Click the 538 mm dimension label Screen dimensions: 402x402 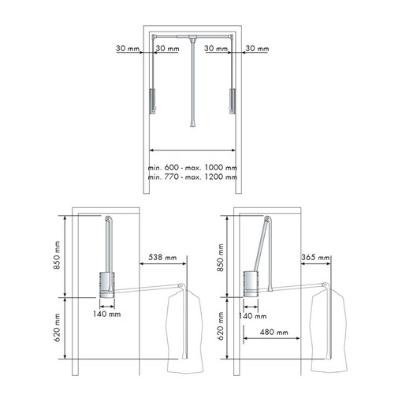162,257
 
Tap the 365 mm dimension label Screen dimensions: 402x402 315,257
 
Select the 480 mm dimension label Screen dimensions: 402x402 274,333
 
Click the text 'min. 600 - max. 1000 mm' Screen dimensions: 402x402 192,167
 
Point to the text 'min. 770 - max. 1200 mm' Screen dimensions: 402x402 192,177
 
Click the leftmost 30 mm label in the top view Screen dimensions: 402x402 128,48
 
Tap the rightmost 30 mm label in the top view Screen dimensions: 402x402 257,48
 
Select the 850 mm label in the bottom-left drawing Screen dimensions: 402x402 57,255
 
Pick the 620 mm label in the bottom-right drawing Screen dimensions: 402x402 221,326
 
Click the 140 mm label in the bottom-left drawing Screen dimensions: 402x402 106,314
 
